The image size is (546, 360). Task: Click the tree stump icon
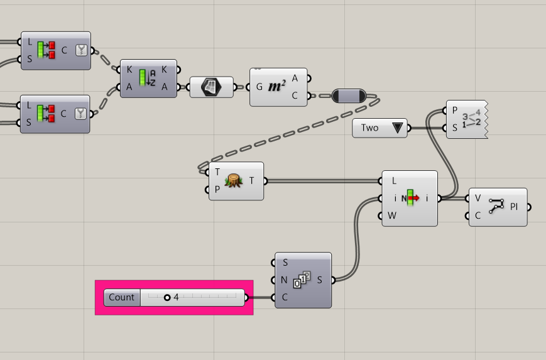[234, 181]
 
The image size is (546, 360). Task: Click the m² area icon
[277, 86]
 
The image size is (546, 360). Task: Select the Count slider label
[121, 297]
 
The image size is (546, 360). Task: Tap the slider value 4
[176, 297]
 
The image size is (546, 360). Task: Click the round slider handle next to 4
[167, 298]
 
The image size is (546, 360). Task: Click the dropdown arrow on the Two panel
[397, 128]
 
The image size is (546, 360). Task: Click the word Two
[369, 128]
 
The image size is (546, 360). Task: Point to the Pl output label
[513, 207]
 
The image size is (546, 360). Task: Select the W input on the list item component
[391, 215]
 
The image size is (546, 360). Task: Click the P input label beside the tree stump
[217, 189]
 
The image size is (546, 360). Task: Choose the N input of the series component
[284, 280]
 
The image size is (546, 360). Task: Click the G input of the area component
[259, 87]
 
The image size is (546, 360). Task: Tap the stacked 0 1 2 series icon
[302, 280]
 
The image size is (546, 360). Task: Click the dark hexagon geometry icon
[211, 87]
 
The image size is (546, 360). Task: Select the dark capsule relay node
[349, 95]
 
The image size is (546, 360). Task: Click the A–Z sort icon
[147, 78]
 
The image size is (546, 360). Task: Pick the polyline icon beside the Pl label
[496, 206]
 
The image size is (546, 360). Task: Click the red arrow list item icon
[410, 198]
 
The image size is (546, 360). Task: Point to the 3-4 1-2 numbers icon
[471, 119]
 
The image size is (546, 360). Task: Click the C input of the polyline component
[478, 216]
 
